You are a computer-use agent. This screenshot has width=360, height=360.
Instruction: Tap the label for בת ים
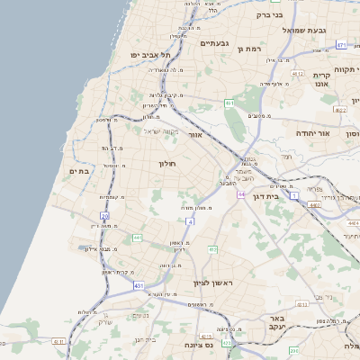pos(77,170)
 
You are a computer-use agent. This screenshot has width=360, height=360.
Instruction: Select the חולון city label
pos(169,164)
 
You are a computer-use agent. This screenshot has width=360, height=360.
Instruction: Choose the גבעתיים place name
pos(217,43)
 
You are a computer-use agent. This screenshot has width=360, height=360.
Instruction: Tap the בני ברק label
pos(268,14)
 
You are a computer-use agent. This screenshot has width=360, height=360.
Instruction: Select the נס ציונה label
pos(196,345)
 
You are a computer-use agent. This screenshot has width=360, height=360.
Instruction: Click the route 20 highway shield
pos(104,216)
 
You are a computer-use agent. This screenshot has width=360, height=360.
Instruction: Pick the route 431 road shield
pos(139,286)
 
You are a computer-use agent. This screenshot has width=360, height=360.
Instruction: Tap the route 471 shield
pos(341,44)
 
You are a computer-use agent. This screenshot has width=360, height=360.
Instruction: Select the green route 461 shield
pos(230,103)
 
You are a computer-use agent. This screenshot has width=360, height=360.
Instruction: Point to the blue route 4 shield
pos(190,220)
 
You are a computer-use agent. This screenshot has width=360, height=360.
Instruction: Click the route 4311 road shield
pos(58,342)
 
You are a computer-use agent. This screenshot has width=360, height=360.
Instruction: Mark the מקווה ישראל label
pos(164,131)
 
